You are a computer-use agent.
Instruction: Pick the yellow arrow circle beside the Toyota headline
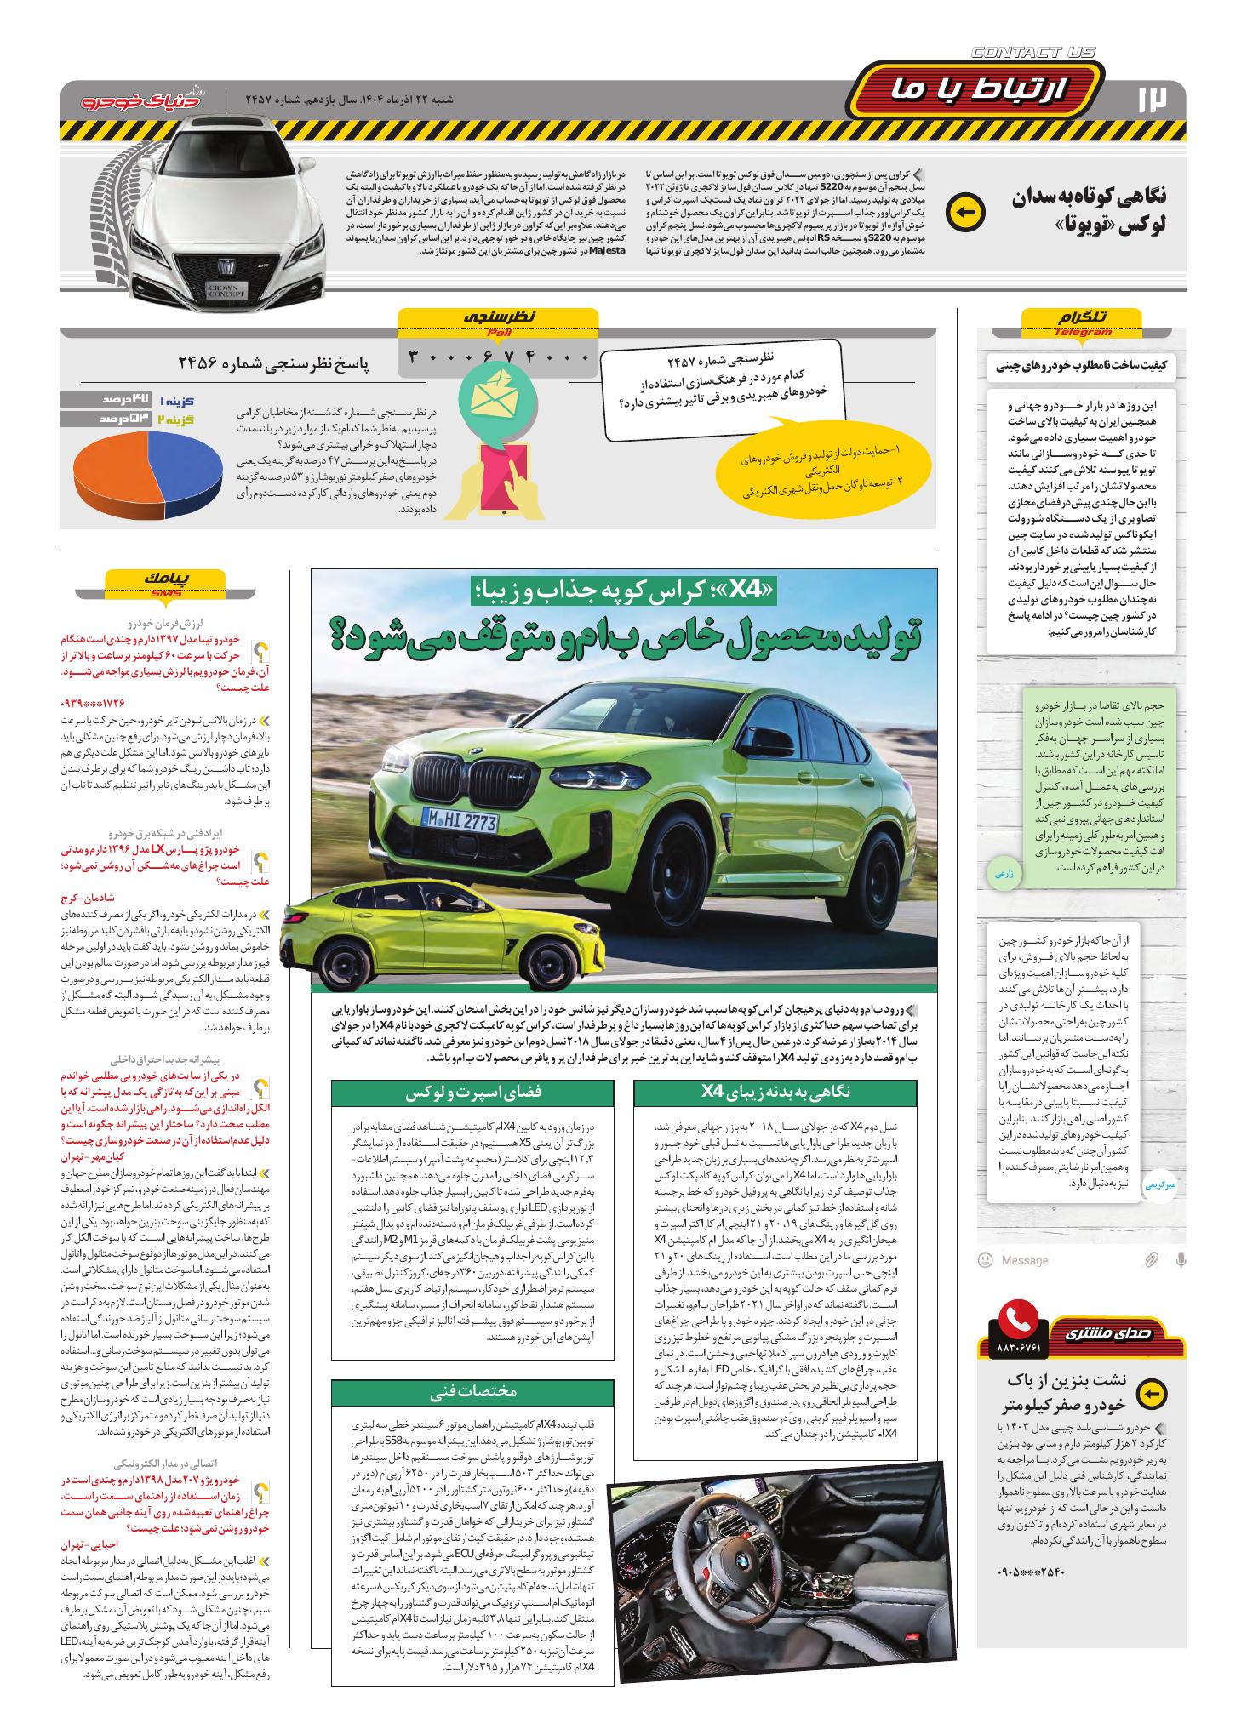[965, 213]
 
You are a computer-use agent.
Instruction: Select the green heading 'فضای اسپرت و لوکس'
[473, 1093]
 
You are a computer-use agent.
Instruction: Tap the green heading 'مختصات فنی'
[473, 1391]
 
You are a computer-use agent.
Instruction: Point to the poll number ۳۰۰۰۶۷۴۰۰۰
[499, 357]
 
